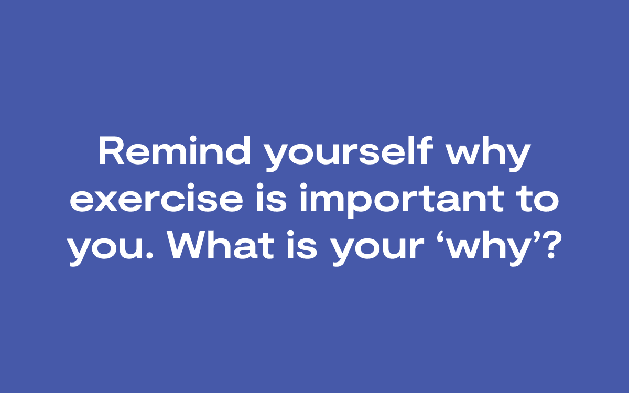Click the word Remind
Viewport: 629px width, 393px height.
[x=174, y=150]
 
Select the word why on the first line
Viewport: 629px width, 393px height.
[x=489, y=154]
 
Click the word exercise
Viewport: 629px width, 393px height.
[x=156, y=198]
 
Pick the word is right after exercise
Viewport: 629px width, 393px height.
[x=272, y=198]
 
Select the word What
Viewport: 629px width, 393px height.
[x=221, y=245]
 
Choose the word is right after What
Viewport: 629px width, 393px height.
[x=302, y=245]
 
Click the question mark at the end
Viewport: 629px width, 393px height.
[x=550, y=245]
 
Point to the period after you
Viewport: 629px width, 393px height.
[x=149, y=255]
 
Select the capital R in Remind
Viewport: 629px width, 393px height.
[x=112, y=150]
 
